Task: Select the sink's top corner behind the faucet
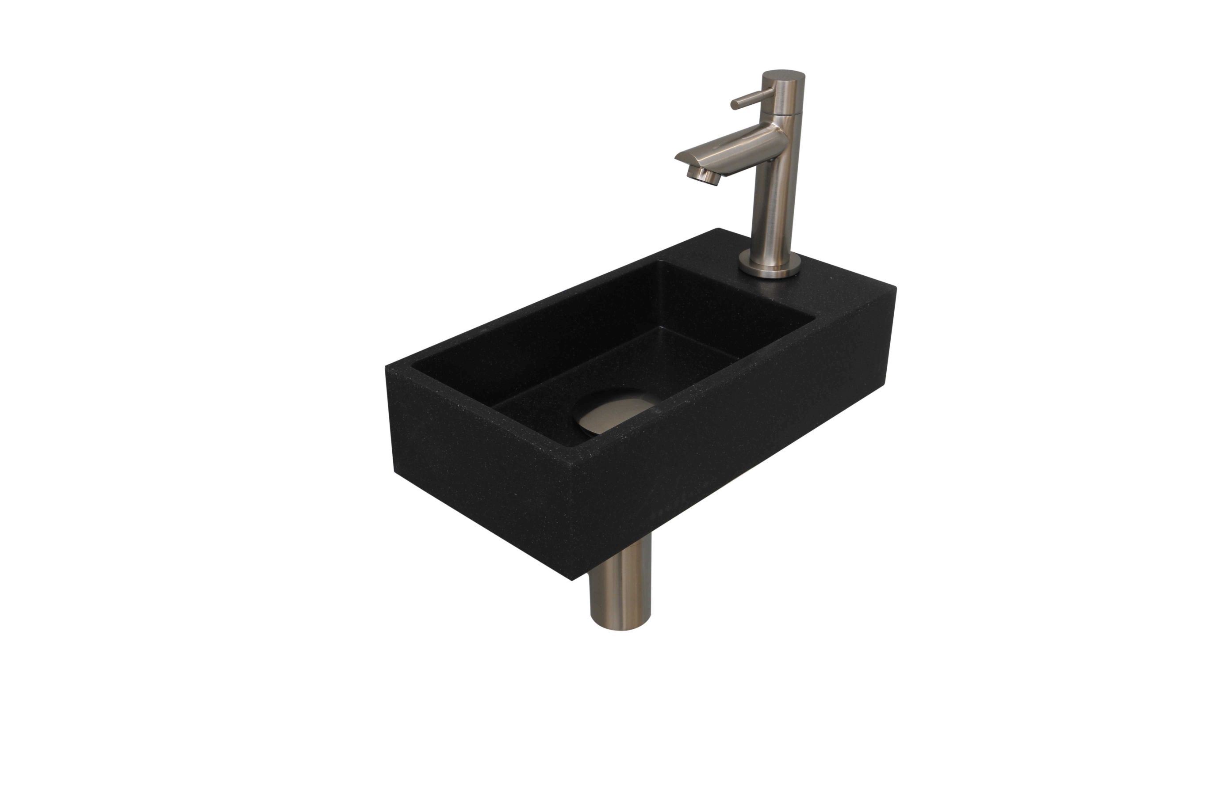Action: [720, 229]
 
